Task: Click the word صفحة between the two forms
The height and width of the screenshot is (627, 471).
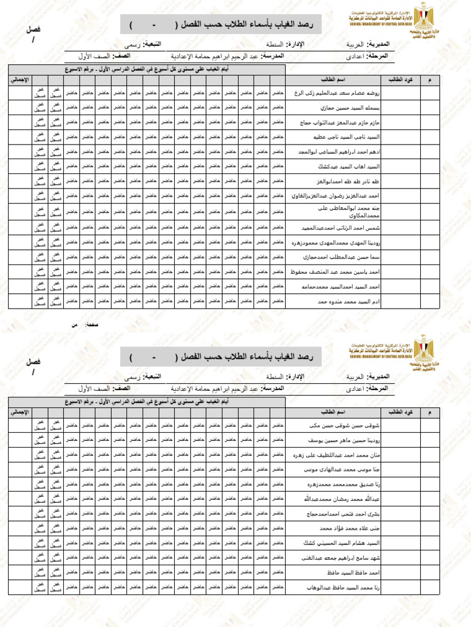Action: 93,324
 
